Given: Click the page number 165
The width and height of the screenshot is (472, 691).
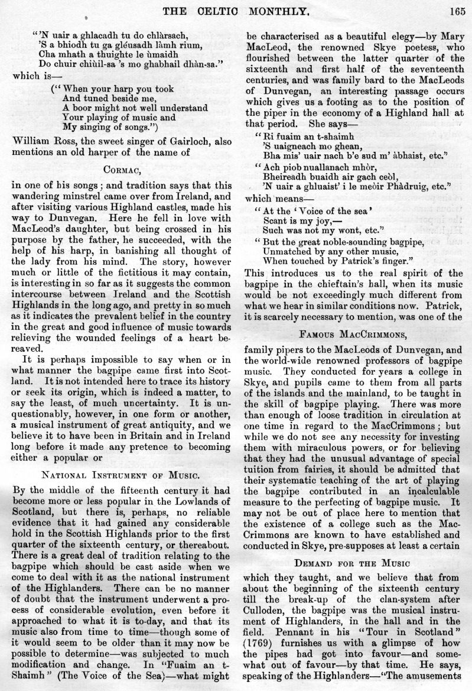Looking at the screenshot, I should tap(458, 9).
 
